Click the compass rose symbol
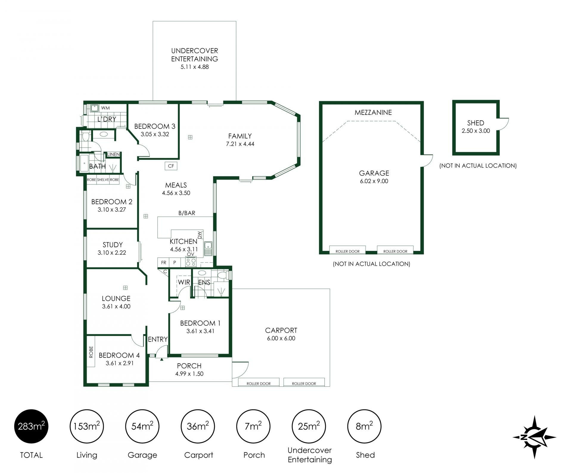[534, 437]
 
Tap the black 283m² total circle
[31, 427]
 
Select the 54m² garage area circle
[142, 427]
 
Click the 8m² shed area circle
[364, 427]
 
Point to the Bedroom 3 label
[155, 126]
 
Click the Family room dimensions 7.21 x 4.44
[240, 144]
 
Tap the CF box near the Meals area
[171, 166]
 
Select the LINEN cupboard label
[114, 154]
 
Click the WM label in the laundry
[105, 108]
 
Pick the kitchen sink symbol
[208, 249]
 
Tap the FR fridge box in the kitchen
[164, 263]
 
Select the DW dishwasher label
[200, 235]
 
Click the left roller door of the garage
[347, 250]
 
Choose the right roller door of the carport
[304, 382]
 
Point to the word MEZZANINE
[373, 113]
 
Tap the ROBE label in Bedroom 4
[91, 352]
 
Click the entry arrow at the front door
[162, 359]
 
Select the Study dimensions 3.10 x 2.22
[112, 253]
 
